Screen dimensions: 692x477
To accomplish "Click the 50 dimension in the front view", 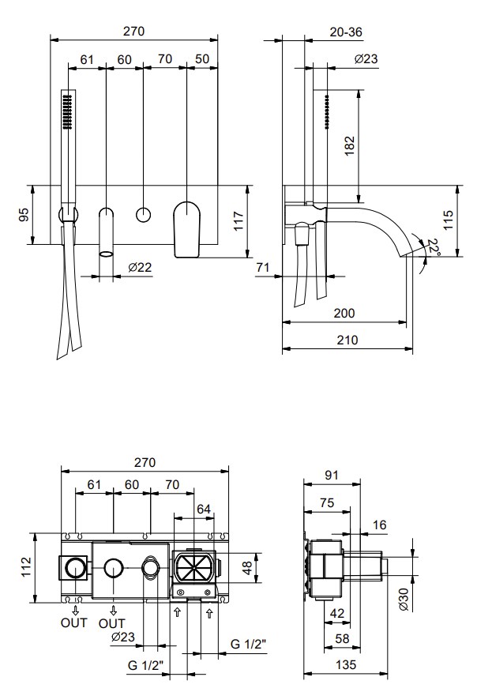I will (x=201, y=59).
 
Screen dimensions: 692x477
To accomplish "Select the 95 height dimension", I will (x=24, y=214).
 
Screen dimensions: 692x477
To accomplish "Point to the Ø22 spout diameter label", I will (x=140, y=268).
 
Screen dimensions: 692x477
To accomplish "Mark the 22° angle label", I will (x=432, y=249).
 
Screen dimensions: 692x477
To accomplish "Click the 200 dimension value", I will (x=344, y=313).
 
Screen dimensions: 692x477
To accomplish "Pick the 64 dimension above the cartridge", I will (x=204, y=510).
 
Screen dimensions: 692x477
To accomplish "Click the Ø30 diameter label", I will (x=404, y=600).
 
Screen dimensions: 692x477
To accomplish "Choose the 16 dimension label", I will (x=380, y=524).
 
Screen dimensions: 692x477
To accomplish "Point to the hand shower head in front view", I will (x=67, y=111).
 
